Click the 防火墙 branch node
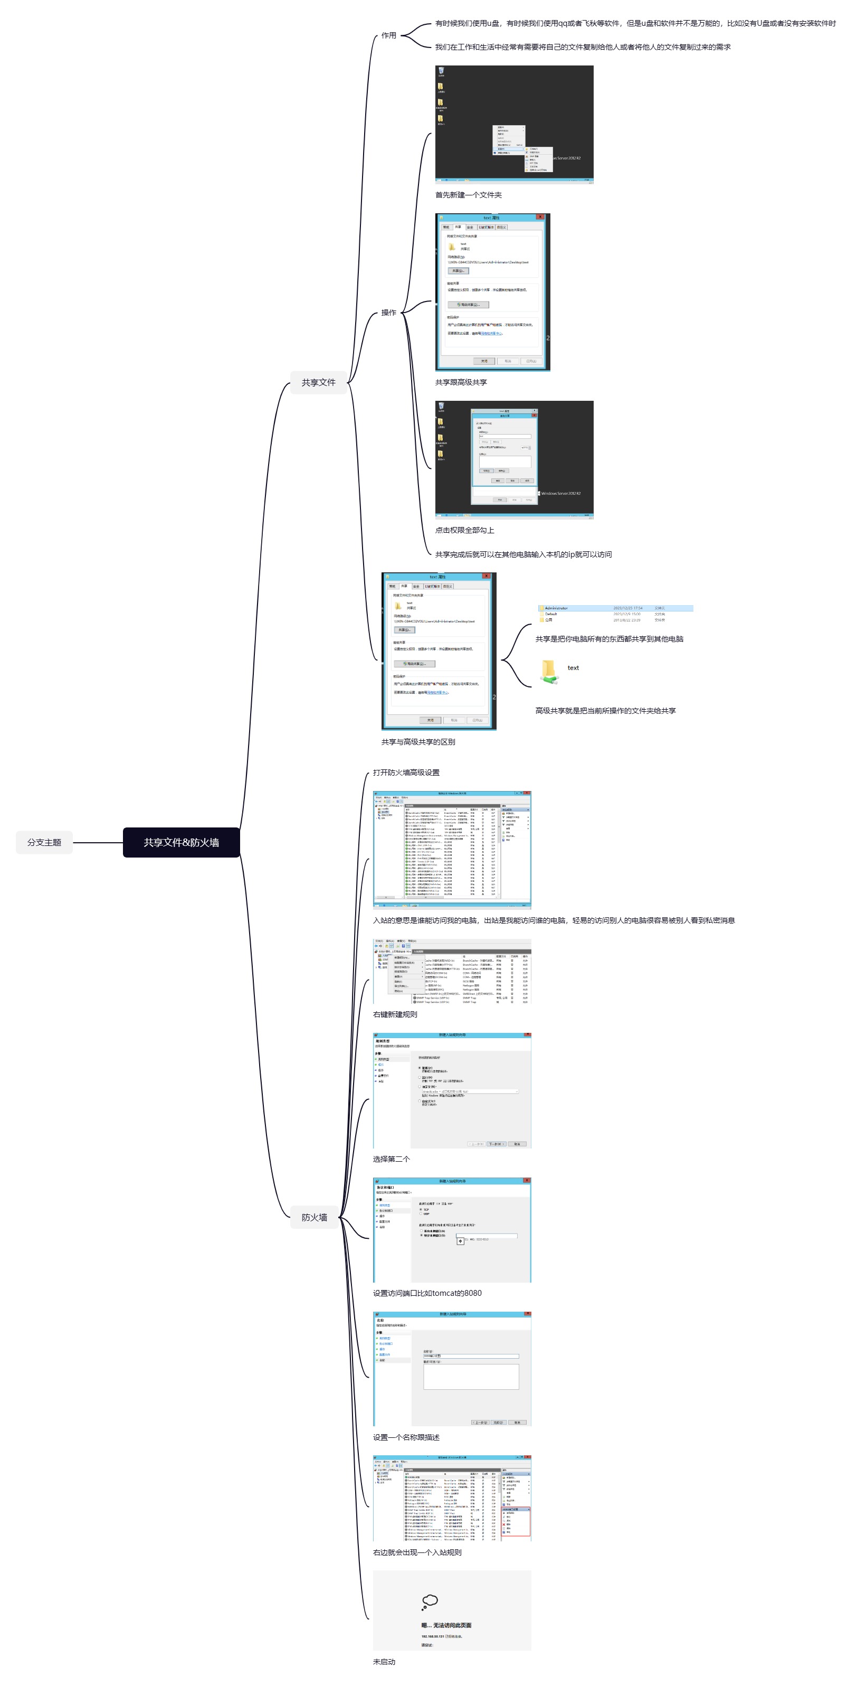tap(314, 1217)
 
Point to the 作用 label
tap(389, 35)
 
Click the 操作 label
tap(389, 312)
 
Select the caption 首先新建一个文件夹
tap(468, 195)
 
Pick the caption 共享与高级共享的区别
tap(418, 742)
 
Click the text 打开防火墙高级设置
tap(406, 772)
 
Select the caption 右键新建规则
tap(395, 1014)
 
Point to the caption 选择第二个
tap(391, 1159)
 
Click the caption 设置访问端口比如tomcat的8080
tap(427, 1293)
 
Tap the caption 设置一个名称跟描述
tap(406, 1437)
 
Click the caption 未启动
tap(384, 1661)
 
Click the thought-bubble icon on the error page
tap(430, 1601)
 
